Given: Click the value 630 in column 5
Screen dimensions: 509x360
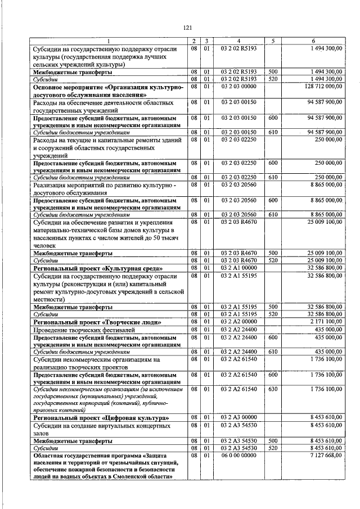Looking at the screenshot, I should [x=273, y=389].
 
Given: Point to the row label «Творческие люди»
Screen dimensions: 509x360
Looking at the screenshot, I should [x=132, y=322].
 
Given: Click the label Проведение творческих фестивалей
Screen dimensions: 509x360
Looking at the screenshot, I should [x=84, y=330].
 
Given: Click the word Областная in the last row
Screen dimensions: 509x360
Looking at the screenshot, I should [x=49, y=454].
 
